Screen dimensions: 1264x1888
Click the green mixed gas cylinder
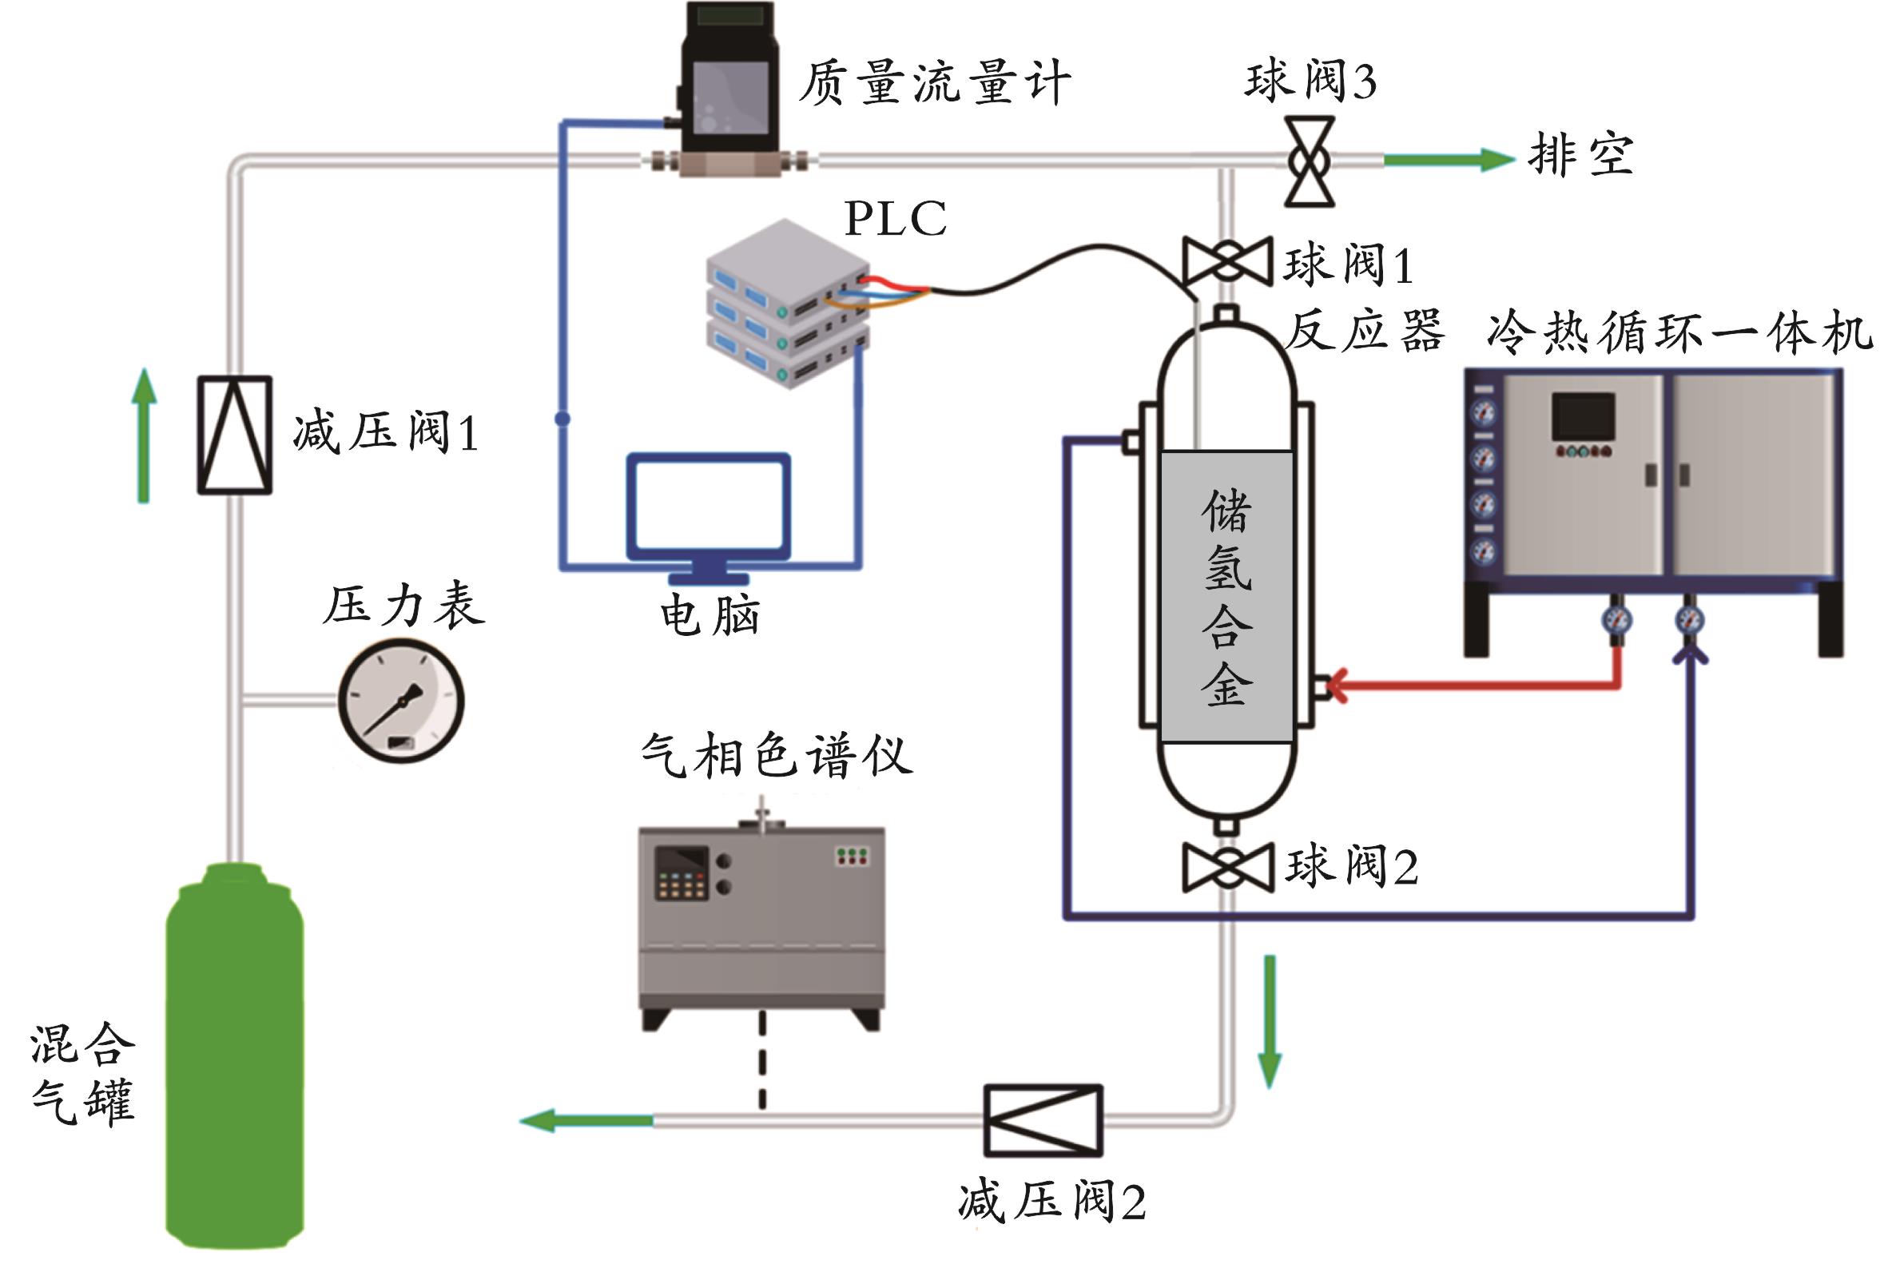coord(235,1056)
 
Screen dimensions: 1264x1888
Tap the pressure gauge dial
coord(400,701)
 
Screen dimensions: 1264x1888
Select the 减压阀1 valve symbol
coord(235,435)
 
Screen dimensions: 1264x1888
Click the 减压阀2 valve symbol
coord(1043,1119)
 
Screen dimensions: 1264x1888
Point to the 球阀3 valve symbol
coord(1310,161)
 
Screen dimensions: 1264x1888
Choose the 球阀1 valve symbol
coord(1226,262)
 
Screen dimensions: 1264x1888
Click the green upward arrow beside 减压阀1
coord(145,435)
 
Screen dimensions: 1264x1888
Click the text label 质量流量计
coord(934,82)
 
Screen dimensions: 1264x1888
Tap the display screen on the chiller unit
coord(1584,417)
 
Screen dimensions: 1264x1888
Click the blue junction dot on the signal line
coord(562,419)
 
